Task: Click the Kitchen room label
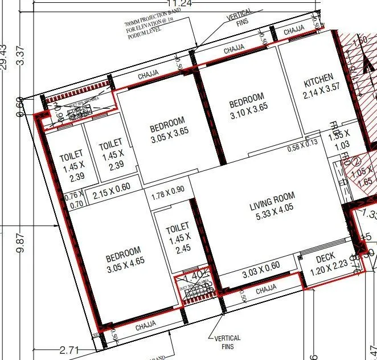point(318,77)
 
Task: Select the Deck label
point(325,258)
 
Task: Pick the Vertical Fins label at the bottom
point(228,342)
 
